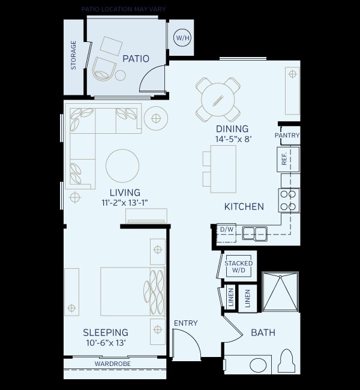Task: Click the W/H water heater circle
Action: point(181,38)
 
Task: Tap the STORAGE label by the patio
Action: point(74,55)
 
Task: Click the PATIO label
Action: point(136,59)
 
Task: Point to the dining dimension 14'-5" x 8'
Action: point(232,139)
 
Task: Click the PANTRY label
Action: point(287,136)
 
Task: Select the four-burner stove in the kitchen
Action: point(289,200)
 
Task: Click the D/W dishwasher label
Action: point(226,230)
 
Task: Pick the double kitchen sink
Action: point(254,233)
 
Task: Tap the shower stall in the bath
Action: point(280,292)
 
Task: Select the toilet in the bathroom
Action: point(287,362)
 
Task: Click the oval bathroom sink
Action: point(258,365)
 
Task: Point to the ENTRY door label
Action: point(185,323)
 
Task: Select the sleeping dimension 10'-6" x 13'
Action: point(106,343)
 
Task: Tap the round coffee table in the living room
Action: point(122,166)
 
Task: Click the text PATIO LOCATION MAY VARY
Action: point(124,10)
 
